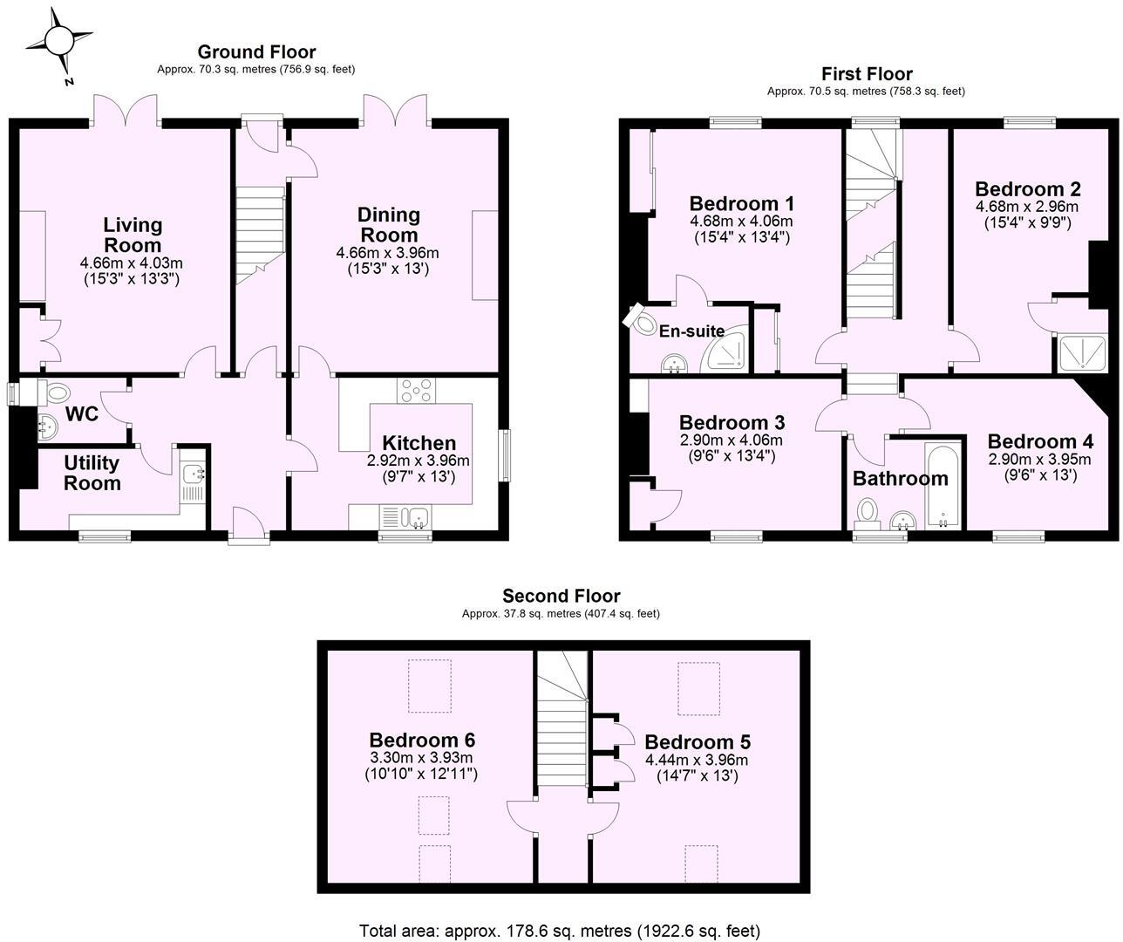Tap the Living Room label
[133, 235]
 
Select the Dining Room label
[389, 224]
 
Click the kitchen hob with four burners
[416, 391]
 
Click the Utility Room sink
[194, 475]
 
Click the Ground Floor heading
[256, 52]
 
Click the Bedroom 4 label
[1033, 441]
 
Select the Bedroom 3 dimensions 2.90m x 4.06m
[732, 440]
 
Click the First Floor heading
[867, 74]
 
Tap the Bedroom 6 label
[422, 739]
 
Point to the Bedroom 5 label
[698, 742]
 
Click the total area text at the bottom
[560, 930]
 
